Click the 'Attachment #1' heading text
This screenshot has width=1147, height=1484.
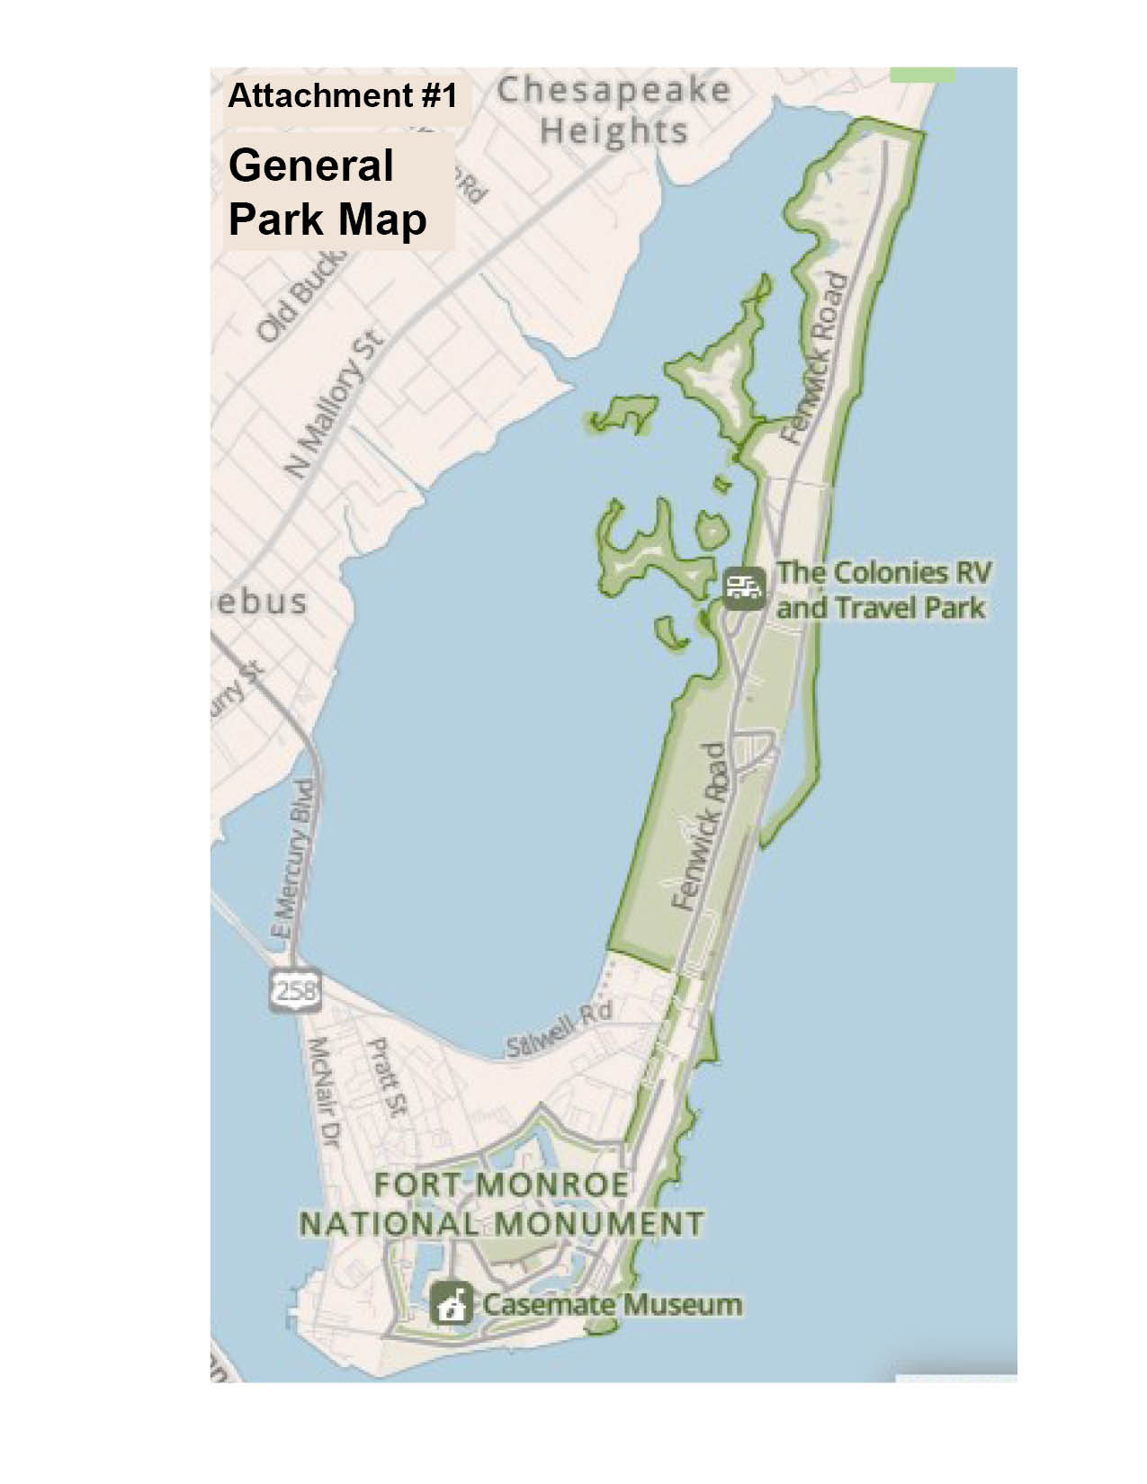[x=343, y=95]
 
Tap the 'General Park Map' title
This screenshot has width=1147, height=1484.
[x=327, y=192]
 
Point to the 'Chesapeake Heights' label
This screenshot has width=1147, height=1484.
[x=614, y=111]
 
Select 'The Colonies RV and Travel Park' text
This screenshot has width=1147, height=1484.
[x=883, y=590]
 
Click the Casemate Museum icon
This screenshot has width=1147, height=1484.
[x=452, y=1304]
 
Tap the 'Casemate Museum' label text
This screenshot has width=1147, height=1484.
[x=613, y=1304]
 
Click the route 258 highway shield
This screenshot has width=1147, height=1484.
[x=295, y=990]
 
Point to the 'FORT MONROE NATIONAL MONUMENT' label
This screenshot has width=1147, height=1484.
[x=501, y=1204]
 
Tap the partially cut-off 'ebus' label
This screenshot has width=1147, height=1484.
[x=264, y=602]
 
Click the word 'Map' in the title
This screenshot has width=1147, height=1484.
[x=379, y=219]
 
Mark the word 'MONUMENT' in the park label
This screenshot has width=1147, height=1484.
[x=598, y=1224]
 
